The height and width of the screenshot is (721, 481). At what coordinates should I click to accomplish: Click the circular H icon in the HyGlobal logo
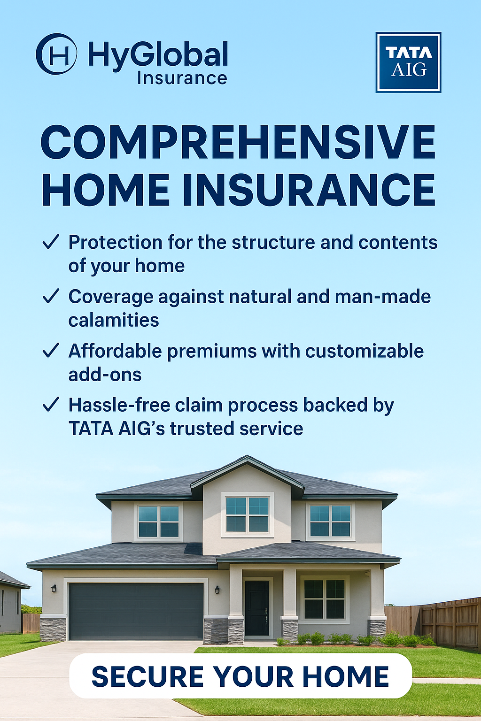[56, 54]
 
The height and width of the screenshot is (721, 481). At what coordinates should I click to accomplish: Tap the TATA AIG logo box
[408, 62]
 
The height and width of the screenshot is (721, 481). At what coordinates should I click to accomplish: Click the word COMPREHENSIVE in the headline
[238, 142]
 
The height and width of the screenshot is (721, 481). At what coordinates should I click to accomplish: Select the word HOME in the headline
[106, 190]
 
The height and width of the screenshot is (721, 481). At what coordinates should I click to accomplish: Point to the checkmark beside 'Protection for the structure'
[51, 242]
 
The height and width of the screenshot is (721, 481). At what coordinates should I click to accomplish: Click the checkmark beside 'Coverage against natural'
[51, 296]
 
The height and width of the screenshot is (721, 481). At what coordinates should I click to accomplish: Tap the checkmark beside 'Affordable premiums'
[51, 351]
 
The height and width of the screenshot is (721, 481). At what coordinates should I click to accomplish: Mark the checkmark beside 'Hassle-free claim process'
[51, 405]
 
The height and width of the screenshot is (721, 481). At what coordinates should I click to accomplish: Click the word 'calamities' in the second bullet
[114, 320]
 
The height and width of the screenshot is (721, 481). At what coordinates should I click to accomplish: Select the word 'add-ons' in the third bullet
[105, 375]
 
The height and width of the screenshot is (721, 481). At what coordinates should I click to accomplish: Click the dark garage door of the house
[136, 611]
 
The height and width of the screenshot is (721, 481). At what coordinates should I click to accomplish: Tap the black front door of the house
[257, 608]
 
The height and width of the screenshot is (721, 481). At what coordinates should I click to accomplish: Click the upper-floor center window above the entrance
[247, 514]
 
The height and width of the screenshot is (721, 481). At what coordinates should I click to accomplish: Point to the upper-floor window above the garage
[158, 521]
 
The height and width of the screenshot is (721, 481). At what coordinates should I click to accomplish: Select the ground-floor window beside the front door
[324, 599]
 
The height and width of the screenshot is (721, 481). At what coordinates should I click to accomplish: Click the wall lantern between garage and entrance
[217, 590]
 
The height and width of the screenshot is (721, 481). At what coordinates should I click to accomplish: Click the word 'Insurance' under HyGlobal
[182, 78]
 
